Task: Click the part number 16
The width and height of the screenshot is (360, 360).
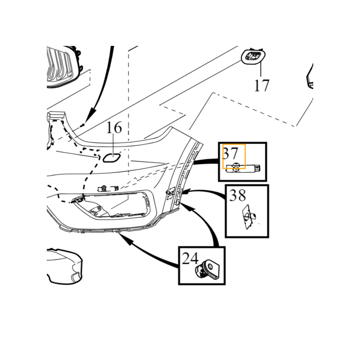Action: [114, 128]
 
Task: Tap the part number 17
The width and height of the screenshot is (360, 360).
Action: [261, 85]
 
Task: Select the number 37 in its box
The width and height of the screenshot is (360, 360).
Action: [230, 153]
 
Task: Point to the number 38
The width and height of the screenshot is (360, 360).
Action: [238, 195]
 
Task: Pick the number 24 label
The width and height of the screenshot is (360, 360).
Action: [190, 258]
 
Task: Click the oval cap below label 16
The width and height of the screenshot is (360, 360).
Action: [111, 157]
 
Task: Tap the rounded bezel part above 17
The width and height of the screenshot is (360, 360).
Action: [253, 57]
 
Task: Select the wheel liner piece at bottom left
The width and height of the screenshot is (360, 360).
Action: [65, 265]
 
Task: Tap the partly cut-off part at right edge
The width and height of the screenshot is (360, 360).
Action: [310, 76]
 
